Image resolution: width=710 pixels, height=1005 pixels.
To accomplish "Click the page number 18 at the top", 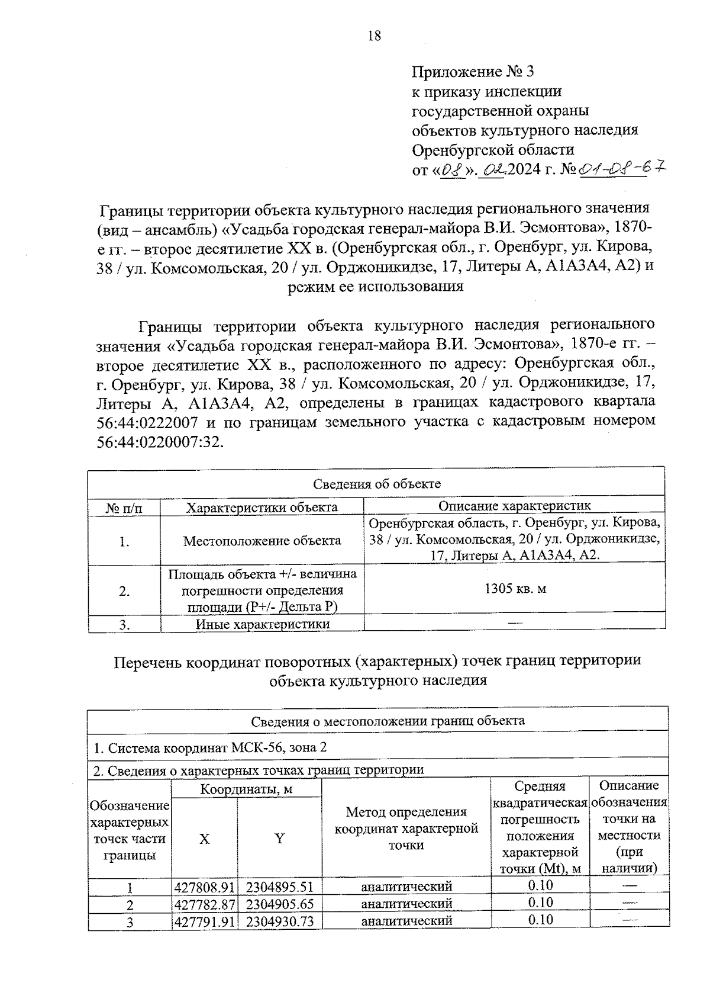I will point(375,36).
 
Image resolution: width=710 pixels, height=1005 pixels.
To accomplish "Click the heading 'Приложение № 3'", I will point(473,72).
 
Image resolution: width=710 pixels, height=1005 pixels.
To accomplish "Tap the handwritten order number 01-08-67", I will point(621,169).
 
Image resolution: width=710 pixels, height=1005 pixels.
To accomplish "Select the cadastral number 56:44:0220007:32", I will point(159,442).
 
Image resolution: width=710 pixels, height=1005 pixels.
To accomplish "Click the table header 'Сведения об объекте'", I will point(376,484).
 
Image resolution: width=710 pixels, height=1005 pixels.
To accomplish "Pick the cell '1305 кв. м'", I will point(515,589).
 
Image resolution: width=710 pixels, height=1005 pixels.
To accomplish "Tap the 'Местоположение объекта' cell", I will point(262,541).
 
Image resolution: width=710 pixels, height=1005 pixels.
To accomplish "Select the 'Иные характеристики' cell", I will point(262,624).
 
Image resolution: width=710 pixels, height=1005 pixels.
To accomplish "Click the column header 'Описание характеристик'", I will point(514,506).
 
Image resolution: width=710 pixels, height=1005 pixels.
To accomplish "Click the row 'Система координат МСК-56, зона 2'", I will point(211,748).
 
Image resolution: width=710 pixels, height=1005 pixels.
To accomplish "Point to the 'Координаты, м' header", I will point(246,789).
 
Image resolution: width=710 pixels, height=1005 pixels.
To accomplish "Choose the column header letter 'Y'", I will point(279,838).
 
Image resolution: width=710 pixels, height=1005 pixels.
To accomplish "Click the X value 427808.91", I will point(205,887).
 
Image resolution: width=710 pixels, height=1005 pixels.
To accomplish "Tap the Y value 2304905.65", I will point(280,904).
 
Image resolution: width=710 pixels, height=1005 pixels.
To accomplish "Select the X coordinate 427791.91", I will point(205,921).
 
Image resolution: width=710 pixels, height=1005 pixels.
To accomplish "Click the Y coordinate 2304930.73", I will point(280,921).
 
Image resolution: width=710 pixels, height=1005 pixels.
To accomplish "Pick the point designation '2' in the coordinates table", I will point(130,905).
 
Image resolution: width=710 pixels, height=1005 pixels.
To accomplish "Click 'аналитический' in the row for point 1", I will point(406,887).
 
